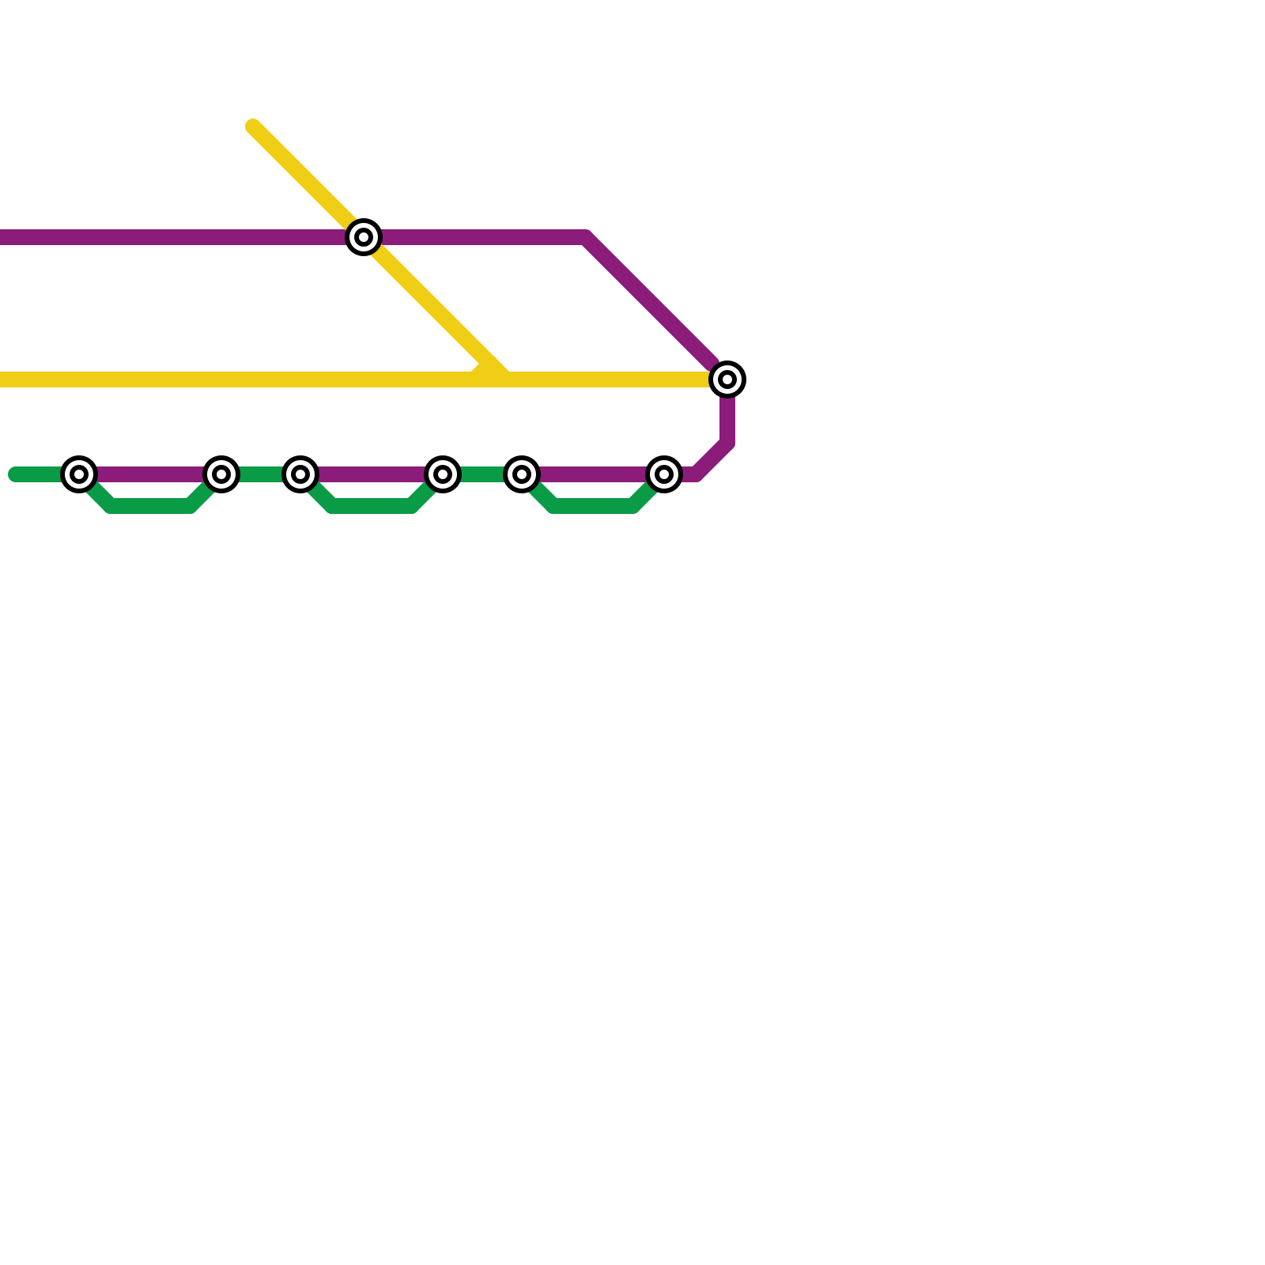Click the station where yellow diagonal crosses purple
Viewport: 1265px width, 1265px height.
pyautogui.click(x=364, y=237)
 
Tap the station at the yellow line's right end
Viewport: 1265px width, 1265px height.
pyautogui.click(x=727, y=379)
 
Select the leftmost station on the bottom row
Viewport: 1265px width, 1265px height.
pyautogui.click(x=79, y=474)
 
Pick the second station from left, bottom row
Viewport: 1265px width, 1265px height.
pyautogui.click(x=221, y=474)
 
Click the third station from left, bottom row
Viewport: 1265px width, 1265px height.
pyautogui.click(x=300, y=474)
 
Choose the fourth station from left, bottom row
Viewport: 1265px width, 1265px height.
pyautogui.click(x=443, y=474)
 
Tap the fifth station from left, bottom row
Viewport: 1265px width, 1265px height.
pyautogui.click(x=522, y=474)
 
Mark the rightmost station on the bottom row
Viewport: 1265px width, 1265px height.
pyautogui.click(x=664, y=474)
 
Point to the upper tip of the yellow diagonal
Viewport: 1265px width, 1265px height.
pyautogui.click(x=253, y=126)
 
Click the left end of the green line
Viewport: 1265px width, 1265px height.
pyautogui.click(x=14, y=474)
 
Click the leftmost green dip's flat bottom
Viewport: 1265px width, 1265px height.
pyautogui.click(x=150, y=506)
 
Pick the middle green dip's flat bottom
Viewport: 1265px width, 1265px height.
pyautogui.click(x=372, y=506)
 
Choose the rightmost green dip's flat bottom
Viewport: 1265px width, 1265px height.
pyautogui.click(x=593, y=506)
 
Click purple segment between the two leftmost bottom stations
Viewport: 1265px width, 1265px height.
pyautogui.click(x=150, y=474)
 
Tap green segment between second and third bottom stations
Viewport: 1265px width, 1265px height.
pyautogui.click(x=261, y=474)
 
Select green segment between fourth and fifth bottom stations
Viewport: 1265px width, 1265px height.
pyautogui.click(x=482, y=474)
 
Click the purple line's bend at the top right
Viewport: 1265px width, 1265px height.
pyautogui.click(x=587, y=237)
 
